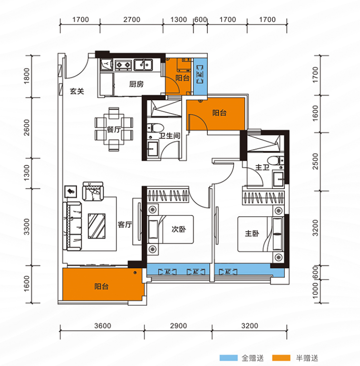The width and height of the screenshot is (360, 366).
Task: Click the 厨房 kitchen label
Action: (x=136, y=84)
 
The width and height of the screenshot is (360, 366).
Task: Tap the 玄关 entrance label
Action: (x=77, y=91)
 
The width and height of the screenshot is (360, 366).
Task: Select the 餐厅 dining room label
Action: (x=114, y=129)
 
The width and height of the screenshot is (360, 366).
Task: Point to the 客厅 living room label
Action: (x=125, y=224)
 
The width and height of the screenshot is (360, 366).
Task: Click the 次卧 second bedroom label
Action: (x=179, y=229)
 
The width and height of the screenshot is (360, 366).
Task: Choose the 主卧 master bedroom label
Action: (x=252, y=233)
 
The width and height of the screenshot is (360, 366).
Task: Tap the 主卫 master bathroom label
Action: (x=262, y=167)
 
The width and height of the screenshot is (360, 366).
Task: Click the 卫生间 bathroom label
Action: (x=169, y=135)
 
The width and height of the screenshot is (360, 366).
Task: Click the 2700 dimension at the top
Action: (x=132, y=19)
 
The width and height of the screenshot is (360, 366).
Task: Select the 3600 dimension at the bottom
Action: (x=103, y=326)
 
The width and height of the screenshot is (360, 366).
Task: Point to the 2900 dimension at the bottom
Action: (x=178, y=326)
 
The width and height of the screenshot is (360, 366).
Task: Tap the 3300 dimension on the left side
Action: (x=27, y=227)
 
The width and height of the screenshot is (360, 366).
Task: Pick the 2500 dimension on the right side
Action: (x=315, y=161)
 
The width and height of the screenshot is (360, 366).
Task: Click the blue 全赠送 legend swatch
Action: (x=229, y=358)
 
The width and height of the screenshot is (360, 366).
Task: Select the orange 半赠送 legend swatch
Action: (x=282, y=358)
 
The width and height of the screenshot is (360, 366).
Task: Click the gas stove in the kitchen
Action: (x=123, y=65)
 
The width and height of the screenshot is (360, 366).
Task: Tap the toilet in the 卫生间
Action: (x=155, y=128)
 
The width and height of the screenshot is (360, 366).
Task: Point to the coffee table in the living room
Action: (x=97, y=226)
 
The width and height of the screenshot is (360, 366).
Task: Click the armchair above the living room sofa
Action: (x=93, y=192)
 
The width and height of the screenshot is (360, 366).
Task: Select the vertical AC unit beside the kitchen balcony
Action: (x=200, y=75)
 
